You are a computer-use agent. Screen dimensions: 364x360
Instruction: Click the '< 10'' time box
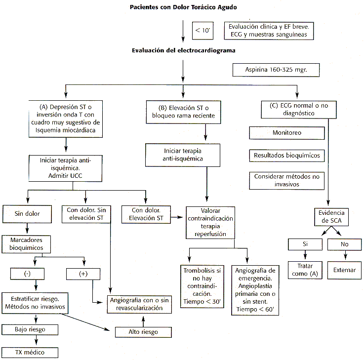click(202, 31)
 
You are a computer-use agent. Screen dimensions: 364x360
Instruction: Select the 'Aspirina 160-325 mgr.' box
click(276, 70)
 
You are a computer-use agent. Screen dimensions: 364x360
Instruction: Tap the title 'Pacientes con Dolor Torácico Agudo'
click(183, 7)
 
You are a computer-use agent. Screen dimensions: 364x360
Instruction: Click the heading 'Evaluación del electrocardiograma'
click(183, 50)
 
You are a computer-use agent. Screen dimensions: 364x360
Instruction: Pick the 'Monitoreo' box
click(287, 133)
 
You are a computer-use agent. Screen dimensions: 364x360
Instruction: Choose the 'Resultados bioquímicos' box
click(287, 155)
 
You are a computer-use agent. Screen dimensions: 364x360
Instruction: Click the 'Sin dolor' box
click(27, 214)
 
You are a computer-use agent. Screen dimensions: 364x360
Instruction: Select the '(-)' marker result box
click(27, 274)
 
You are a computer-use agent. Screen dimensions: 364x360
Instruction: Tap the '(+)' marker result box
click(83, 274)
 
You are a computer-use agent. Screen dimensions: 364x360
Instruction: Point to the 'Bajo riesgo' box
click(30, 329)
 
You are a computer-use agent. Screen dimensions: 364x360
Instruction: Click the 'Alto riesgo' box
click(143, 332)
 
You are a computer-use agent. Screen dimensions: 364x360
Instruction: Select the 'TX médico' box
click(30, 352)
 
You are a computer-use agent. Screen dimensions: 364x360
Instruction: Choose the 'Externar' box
click(345, 270)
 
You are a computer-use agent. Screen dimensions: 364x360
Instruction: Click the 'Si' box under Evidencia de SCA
click(305, 244)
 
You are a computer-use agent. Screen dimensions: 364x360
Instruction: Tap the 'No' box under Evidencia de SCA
click(345, 244)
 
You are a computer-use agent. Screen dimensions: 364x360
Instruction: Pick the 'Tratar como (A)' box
click(305, 270)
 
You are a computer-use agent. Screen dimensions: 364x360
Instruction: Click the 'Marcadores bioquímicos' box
click(26, 244)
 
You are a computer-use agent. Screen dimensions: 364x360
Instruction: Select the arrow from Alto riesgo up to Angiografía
click(143, 321)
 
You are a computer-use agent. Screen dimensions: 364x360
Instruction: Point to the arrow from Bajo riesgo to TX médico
click(36, 341)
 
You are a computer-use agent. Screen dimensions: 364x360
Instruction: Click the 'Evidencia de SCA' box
click(331, 217)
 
